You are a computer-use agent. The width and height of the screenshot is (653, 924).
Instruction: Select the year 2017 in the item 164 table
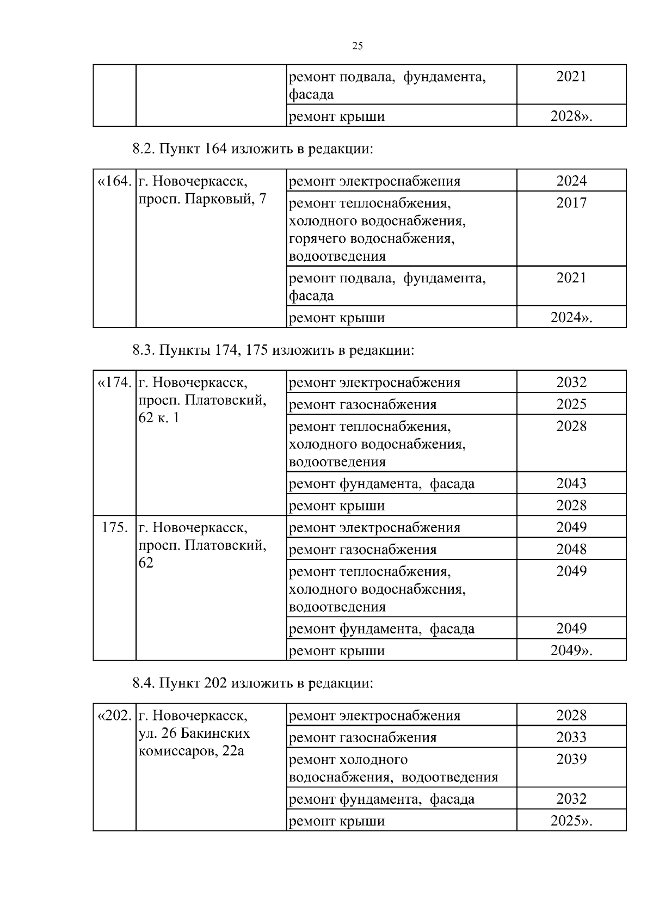point(571,203)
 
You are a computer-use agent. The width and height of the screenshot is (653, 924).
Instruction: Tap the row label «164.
point(114,181)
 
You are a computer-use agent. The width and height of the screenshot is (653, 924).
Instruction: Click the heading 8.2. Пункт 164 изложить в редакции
point(253,149)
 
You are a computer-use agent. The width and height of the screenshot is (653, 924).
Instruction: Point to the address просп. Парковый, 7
point(202,199)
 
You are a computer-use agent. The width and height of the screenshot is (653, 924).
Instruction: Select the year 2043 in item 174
point(571,483)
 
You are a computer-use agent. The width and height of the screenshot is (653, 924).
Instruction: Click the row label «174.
point(114,383)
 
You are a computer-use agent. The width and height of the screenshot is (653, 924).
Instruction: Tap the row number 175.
point(115,527)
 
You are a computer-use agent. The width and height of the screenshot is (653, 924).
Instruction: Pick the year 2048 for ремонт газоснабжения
point(571,549)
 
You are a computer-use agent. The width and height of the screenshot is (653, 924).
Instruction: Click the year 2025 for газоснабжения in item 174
point(571,404)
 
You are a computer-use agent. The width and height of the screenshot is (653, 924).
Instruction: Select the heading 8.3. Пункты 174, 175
point(273,350)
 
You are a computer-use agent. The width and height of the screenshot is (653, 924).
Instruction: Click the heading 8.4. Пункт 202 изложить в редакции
point(253,683)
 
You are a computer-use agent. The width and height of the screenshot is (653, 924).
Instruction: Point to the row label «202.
point(114,716)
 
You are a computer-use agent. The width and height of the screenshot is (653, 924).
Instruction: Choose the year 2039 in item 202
point(571,759)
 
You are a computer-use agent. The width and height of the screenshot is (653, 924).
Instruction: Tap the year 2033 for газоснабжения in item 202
point(571,737)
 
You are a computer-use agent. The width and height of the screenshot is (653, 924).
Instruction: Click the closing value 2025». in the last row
point(571,821)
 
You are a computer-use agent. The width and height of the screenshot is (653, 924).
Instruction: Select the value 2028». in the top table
point(571,116)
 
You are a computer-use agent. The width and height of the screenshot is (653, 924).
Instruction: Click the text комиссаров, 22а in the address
point(192,751)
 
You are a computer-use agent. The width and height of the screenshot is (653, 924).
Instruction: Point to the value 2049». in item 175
point(571,650)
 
